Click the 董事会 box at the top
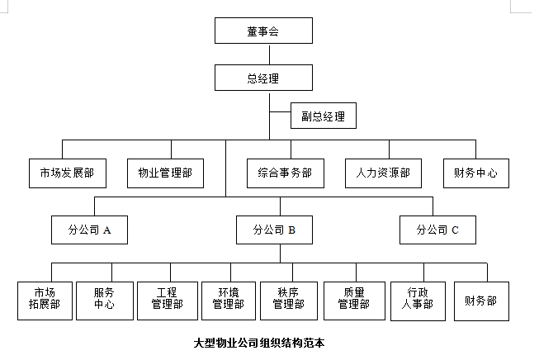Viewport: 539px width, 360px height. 263,31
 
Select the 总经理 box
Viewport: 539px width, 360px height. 263,78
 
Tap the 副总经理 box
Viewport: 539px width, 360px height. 323,116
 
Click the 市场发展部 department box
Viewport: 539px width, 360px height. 67,173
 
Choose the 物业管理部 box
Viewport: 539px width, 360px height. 165,173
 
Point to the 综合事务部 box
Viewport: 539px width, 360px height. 286,173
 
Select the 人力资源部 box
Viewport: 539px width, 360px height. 383,173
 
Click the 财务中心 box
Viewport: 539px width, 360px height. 475,173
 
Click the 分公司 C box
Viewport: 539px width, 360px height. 437,230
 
